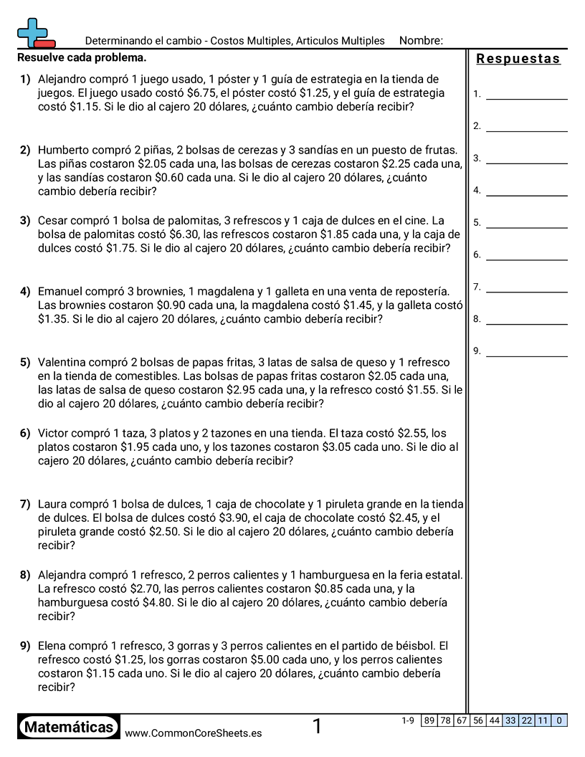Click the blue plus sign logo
[32, 32]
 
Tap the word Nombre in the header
[420, 41]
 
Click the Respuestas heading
[518, 59]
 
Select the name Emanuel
[62, 291]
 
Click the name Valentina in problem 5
[65, 362]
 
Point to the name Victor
[54, 433]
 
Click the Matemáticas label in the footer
[69, 728]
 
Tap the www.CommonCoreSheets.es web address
[193, 733]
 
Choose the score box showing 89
[429, 720]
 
